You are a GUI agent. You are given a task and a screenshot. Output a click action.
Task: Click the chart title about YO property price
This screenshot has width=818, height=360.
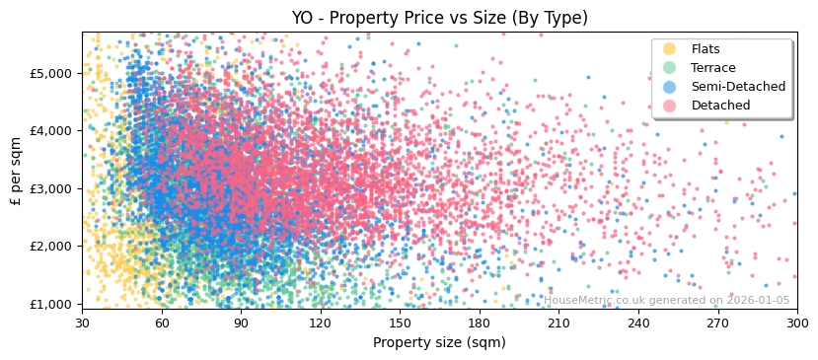pos(439,18)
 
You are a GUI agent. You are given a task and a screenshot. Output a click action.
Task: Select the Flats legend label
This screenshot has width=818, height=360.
pos(706,49)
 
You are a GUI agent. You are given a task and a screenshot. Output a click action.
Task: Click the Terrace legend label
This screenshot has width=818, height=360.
pos(713,68)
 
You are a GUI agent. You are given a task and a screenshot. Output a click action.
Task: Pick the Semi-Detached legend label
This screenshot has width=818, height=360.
pos(738,87)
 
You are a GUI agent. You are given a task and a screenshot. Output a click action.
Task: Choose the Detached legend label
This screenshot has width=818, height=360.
pos(720,106)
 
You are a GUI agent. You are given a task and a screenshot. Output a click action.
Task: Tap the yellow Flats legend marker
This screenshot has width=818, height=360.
pos(670,49)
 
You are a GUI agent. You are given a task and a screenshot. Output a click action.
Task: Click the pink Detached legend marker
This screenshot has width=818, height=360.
pos(670,106)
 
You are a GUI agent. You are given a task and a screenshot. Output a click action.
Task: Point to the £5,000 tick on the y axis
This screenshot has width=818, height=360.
pos(50,73)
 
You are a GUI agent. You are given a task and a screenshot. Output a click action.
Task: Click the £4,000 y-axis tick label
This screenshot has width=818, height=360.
pos(50,130)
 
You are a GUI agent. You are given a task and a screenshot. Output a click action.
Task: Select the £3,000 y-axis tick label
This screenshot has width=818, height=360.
pos(50,188)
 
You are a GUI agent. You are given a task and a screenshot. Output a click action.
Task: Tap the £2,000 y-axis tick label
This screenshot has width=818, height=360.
pos(50,246)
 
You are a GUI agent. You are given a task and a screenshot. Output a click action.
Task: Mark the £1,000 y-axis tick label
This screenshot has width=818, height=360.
pos(50,304)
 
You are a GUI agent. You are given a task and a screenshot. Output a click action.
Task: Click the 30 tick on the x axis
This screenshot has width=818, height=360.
pos(82,323)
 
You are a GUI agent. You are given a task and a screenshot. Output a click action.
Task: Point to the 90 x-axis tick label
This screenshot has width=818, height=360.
pos(241,323)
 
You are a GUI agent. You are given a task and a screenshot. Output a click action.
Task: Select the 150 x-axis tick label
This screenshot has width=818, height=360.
pos(400,323)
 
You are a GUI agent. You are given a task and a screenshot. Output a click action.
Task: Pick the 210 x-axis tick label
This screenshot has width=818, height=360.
pos(558,323)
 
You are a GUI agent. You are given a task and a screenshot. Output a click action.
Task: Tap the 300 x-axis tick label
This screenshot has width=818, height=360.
pos(797,323)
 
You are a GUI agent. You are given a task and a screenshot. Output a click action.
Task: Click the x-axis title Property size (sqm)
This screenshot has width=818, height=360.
pos(439,342)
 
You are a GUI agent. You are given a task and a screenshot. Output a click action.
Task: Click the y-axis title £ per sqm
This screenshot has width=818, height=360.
pos(17,171)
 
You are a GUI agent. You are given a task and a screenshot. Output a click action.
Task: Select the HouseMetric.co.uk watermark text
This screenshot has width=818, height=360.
pos(666,300)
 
